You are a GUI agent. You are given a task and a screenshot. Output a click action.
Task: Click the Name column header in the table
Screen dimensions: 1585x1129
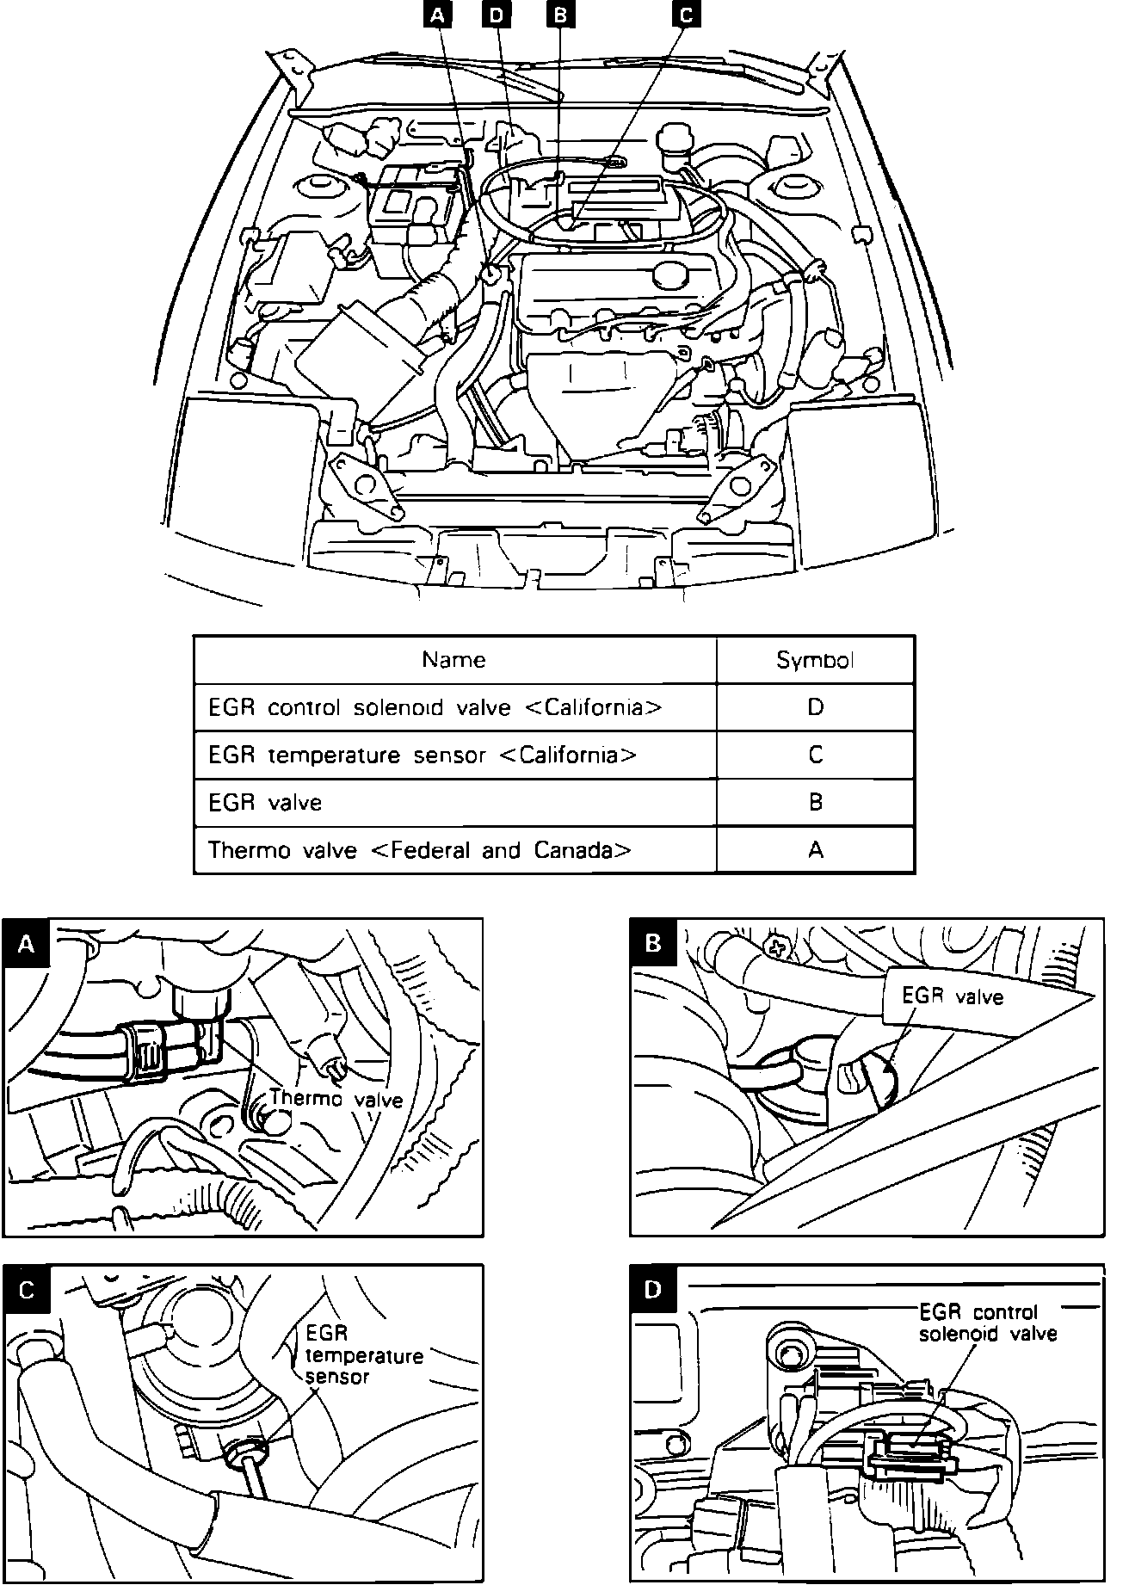[454, 660]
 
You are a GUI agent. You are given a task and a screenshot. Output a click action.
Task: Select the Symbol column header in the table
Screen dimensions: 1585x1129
[815, 660]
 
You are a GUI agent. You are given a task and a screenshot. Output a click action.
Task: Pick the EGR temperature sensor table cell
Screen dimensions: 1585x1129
[423, 755]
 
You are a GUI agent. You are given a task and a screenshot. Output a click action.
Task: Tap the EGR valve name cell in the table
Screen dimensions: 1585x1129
[265, 803]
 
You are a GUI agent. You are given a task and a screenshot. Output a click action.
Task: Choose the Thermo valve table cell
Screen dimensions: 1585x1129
[420, 850]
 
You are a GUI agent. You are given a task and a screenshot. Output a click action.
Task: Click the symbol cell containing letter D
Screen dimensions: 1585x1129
[815, 707]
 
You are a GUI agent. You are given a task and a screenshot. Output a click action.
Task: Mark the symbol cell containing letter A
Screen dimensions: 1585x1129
[815, 850]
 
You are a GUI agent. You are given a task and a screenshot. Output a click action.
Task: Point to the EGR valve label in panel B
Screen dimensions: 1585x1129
[953, 996]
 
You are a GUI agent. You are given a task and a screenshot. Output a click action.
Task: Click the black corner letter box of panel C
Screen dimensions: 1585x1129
[27, 1291]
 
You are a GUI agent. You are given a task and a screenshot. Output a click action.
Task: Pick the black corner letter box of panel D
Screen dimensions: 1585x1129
[654, 1289]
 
